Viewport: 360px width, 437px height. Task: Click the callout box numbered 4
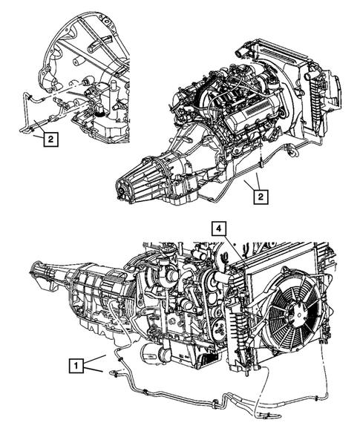pos(219,229)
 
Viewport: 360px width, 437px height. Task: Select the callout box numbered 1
pos(76,365)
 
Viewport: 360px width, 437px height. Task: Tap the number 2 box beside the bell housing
pos(50,139)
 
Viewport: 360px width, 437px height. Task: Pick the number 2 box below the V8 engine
pos(261,197)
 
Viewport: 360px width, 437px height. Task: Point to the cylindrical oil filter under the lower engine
pos(151,355)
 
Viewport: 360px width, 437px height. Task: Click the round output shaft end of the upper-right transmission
pos(121,189)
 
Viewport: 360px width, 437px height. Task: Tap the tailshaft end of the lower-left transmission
pos(35,272)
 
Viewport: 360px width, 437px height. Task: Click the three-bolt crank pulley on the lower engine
pos(218,329)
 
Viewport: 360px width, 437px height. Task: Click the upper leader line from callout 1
pos(95,359)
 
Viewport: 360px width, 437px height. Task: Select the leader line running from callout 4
pos(235,250)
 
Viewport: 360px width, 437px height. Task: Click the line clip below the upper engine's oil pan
pos(261,163)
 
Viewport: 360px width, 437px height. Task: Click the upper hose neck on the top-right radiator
pos(240,53)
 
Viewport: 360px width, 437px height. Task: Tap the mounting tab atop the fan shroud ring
pos(285,270)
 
